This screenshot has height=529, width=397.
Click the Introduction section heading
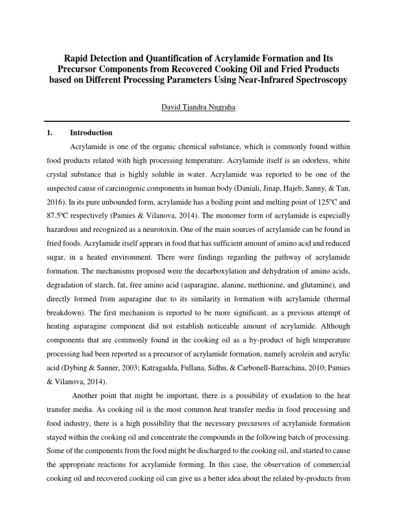pos(91,133)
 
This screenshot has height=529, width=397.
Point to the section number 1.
pos(50,133)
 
